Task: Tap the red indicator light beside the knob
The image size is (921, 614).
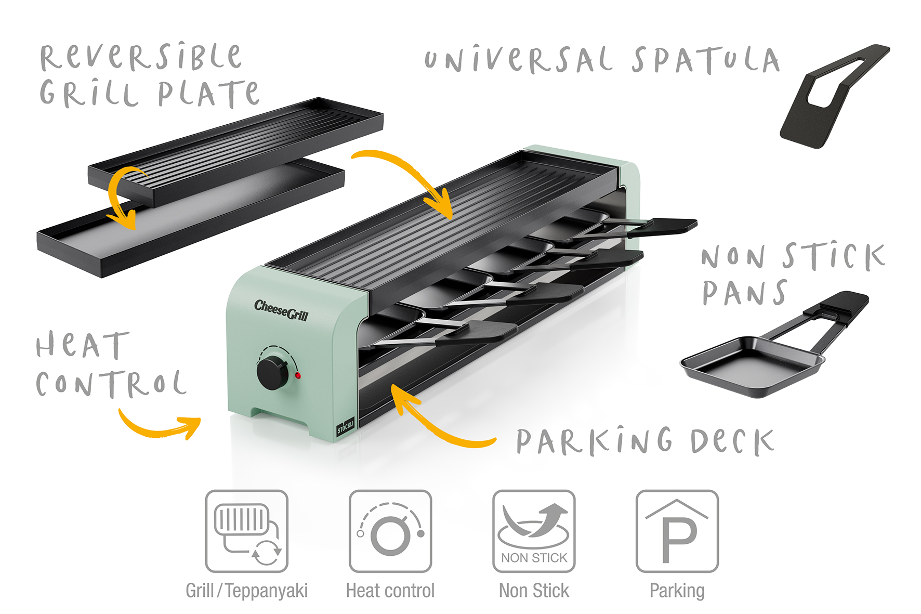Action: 298,375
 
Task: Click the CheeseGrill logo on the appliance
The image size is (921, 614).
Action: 281,310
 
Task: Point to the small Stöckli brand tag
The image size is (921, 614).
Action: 345,426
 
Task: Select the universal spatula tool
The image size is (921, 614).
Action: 832,96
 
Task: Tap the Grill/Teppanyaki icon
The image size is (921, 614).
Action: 246,531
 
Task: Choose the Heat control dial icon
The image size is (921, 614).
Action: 390,531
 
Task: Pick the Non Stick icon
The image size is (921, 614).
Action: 534,531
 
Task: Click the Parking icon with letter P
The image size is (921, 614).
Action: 677,531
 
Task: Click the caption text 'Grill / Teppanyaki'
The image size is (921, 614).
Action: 246,591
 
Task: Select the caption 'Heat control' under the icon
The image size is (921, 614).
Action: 390,591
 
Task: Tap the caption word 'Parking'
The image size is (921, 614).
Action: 677,591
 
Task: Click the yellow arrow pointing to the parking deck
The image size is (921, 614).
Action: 437,421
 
